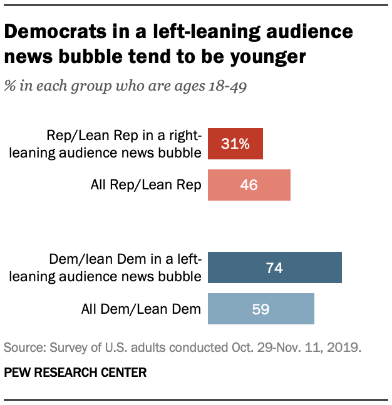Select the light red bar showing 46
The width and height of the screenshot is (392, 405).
249,185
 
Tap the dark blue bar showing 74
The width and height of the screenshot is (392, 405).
274,268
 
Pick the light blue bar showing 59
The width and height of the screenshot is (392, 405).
260,309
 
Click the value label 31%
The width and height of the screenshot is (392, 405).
235,144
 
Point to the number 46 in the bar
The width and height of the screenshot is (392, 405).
249,185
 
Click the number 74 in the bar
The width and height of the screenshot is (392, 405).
274,268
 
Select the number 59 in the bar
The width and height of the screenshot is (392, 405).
260,309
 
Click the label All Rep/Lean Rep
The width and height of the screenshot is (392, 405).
145,185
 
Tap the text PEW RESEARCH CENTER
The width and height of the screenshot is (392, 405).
75,373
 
